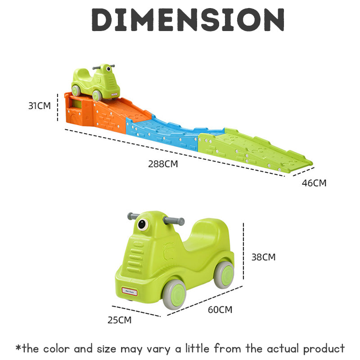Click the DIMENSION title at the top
click(x=188, y=20)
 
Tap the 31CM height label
click(x=40, y=106)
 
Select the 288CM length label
click(x=163, y=164)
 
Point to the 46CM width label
click(x=314, y=183)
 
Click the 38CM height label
click(x=264, y=257)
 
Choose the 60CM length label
click(x=220, y=310)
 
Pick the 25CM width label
click(x=119, y=320)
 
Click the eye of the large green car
click(x=143, y=224)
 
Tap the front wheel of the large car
click(x=175, y=294)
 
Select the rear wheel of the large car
click(x=224, y=275)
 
